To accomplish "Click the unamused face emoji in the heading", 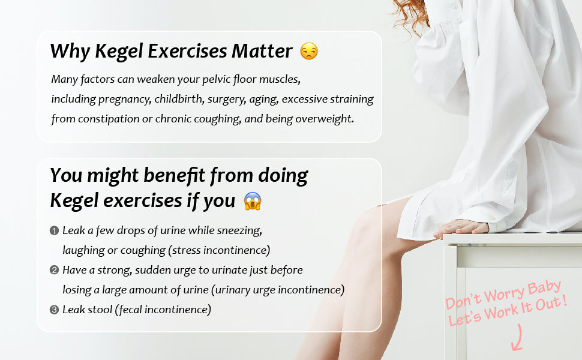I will (309, 52).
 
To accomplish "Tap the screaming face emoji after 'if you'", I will (253, 201).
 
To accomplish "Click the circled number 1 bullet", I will (54, 230).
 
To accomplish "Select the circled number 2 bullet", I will (54, 270).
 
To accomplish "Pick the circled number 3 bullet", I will (54, 310).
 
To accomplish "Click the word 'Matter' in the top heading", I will (262, 52).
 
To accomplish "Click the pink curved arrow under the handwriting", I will (517, 339).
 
